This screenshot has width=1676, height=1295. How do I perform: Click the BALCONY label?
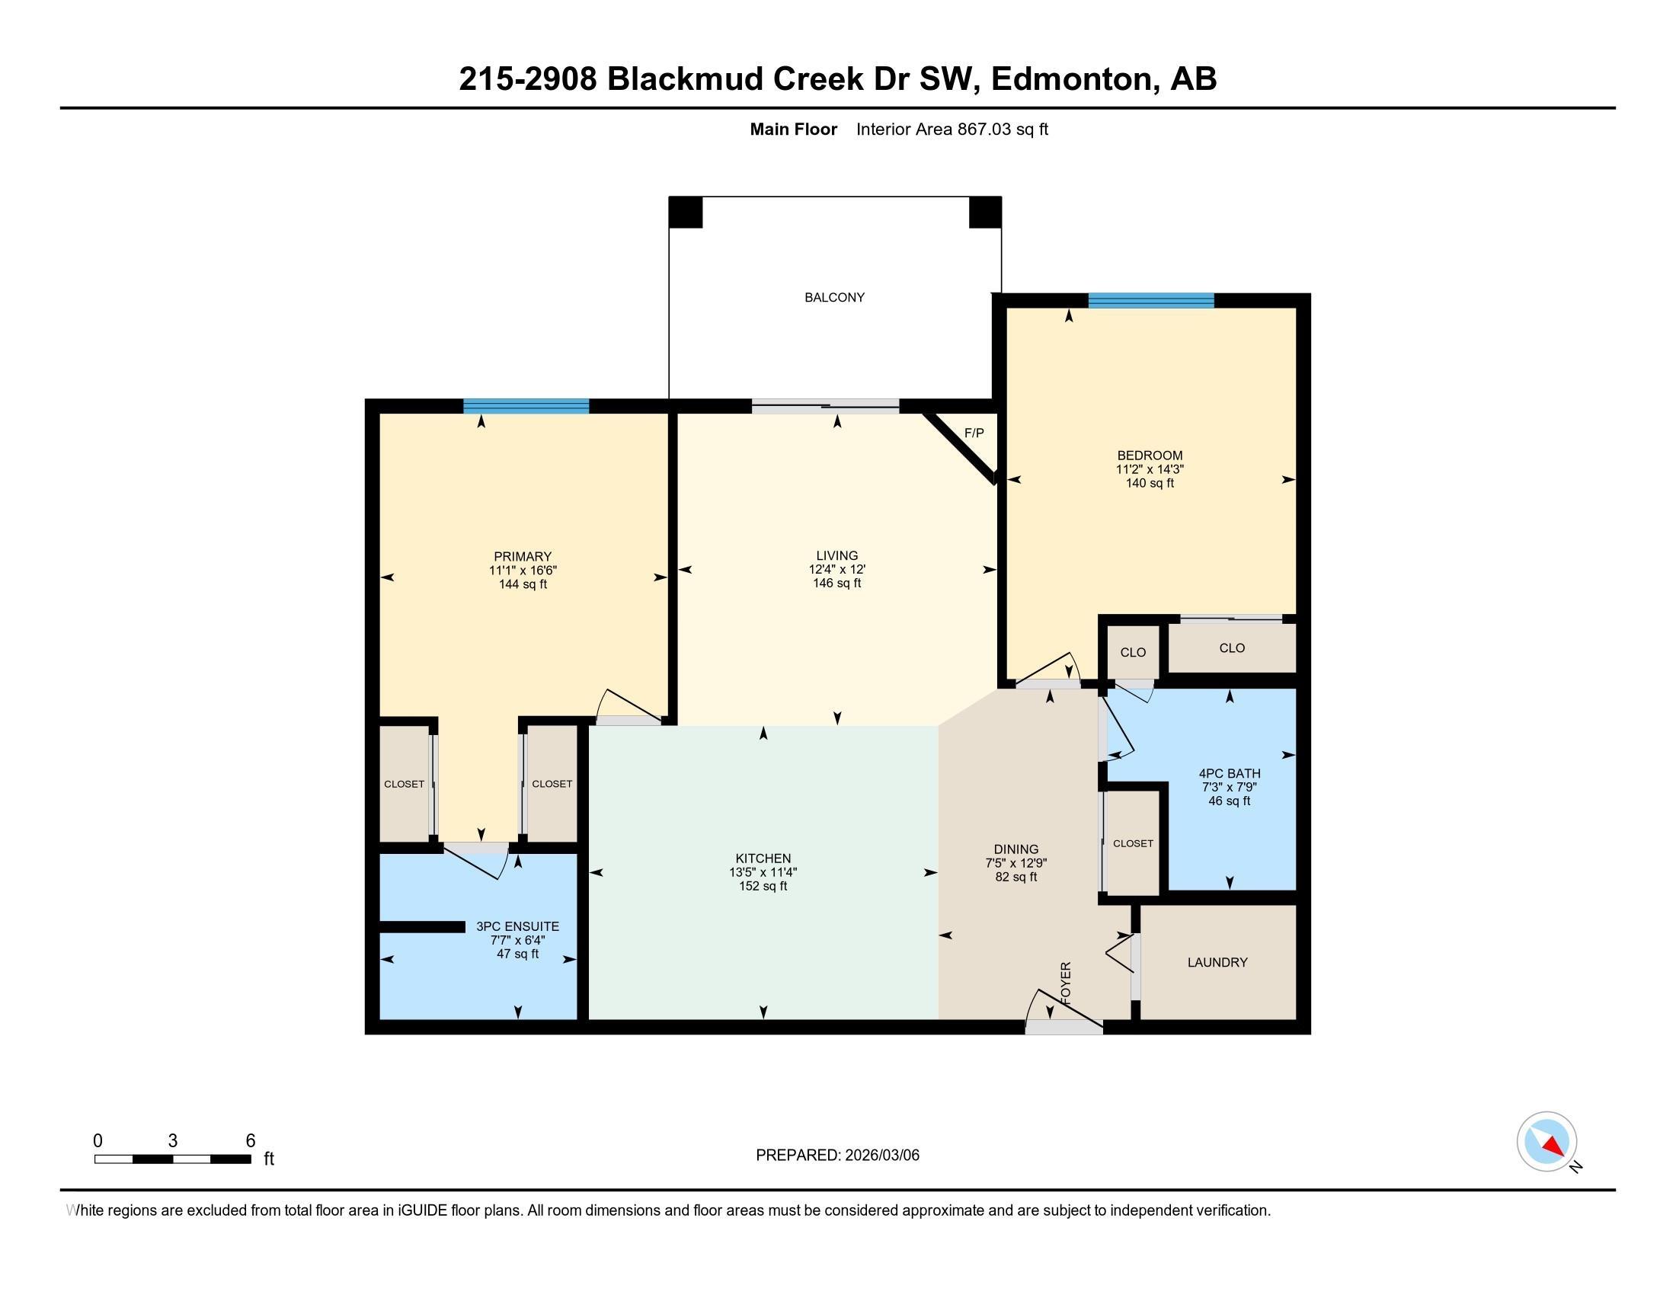[x=834, y=297]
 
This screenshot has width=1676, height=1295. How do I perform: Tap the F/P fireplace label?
[x=974, y=433]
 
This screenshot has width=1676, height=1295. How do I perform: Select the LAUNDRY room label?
[x=1217, y=962]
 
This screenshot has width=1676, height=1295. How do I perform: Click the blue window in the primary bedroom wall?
[x=526, y=406]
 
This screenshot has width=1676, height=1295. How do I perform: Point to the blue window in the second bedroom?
[x=1151, y=300]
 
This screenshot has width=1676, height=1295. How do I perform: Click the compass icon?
[x=1546, y=1141]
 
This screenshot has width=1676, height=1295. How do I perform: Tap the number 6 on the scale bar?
[x=250, y=1141]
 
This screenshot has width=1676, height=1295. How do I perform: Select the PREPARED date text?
[x=837, y=1156]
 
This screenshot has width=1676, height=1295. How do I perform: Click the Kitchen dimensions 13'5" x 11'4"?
[x=763, y=872]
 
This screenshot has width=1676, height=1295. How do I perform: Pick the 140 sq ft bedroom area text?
[x=1150, y=483]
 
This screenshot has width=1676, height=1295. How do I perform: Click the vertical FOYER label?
[x=1065, y=982]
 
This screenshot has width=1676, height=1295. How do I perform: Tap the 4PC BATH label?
[x=1230, y=773]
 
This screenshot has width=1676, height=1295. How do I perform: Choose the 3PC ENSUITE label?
[x=517, y=926]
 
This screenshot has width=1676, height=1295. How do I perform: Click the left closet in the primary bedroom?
[x=405, y=782]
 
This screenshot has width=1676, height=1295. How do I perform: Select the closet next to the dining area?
[x=1132, y=843]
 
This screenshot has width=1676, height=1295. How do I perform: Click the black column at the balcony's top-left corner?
[x=686, y=212]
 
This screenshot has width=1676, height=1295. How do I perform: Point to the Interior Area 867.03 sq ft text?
[x=952, y=129]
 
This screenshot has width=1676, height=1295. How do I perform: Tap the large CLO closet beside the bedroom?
[x=1232, y=648]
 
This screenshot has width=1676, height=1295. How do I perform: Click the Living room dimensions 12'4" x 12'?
[x=837, y=569]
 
